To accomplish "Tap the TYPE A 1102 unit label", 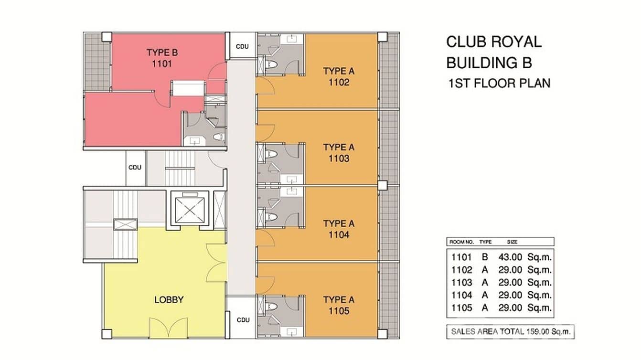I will point(339,77).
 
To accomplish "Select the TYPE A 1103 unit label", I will point(339,153).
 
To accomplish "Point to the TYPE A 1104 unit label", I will point(339,229).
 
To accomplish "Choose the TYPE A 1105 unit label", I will point(339,306).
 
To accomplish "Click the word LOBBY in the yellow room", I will point(169,300).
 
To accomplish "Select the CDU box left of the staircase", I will point(135,168).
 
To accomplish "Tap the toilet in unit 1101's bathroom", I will point(218,138).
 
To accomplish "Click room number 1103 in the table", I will point(461,283).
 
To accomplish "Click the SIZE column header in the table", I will point(513,242).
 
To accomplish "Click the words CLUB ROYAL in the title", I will point(494,42).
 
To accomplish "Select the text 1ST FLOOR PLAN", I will point(500,84).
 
